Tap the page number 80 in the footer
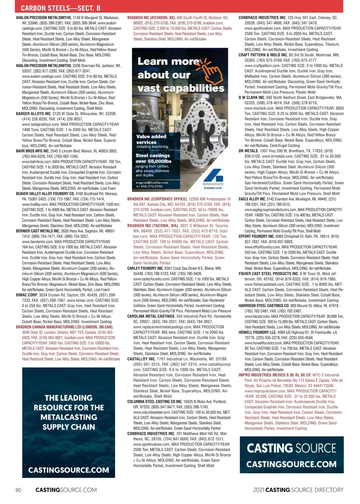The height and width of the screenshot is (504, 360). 18,490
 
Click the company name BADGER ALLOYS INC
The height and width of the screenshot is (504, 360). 33,114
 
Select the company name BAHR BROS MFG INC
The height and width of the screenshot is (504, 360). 32,151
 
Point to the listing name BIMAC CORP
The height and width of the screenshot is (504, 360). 27,295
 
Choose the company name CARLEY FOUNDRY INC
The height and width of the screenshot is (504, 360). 145,268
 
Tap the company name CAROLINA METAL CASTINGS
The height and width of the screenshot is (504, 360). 151,316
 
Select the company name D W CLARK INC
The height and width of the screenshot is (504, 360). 251,97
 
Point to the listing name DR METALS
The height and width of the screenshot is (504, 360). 248,151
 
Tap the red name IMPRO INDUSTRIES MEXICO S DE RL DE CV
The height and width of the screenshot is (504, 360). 274,375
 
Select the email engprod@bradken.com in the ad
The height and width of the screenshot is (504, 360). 152,182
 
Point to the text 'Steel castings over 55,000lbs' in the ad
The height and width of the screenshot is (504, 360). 153,158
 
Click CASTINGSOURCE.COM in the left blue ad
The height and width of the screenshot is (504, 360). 69,470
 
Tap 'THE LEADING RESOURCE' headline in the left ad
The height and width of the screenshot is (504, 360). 69,412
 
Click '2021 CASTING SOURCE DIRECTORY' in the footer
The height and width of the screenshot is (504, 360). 298,490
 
